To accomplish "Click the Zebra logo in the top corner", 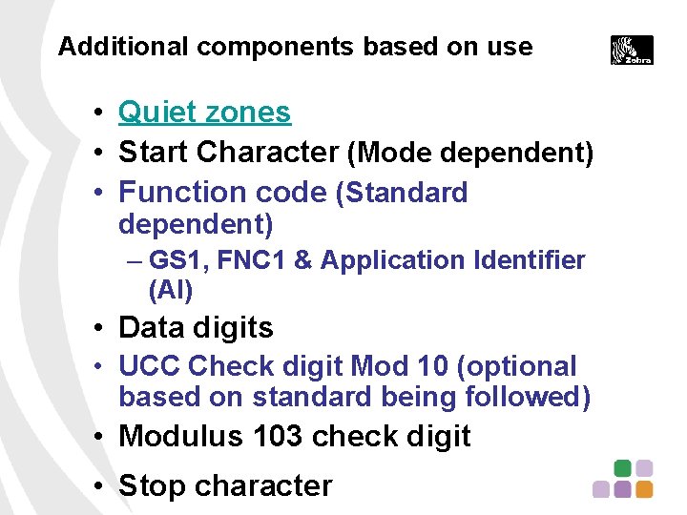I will [x=632, y=50].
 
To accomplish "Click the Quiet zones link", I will [x=204, y=113].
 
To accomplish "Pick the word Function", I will [x=177, y=192].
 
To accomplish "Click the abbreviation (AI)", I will [x=171, y=289].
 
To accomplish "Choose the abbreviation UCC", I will [x=150, y=366].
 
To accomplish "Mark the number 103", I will [x=279, y=436].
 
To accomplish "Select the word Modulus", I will [x=181, y=436].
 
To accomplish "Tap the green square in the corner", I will [x=622, y=468].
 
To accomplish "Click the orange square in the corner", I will [x=644, y=489].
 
